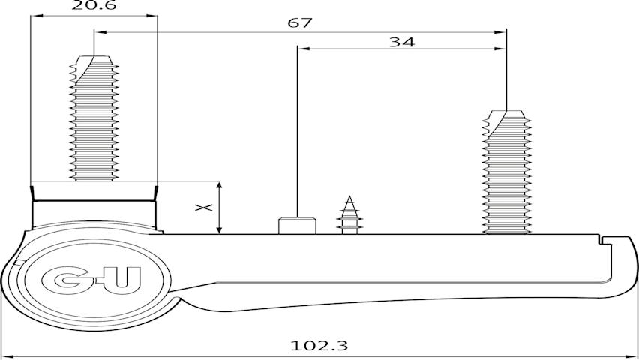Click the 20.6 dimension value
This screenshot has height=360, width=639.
click(94, 5)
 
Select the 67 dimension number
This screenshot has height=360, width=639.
click(299, 22)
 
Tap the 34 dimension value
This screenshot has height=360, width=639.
click(402, 42)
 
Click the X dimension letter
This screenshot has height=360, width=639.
click(204, 208)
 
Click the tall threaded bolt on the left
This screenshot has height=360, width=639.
click(94, 118)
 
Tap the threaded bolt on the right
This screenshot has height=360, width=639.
click(506, 172)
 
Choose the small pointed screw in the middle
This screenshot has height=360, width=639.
click(349, 215)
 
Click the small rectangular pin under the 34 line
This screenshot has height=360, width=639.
click(297, 226)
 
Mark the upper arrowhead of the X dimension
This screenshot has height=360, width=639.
click(220, 187)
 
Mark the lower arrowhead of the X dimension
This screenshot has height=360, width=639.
click(220, 229)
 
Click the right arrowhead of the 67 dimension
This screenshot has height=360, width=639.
click(500, 32)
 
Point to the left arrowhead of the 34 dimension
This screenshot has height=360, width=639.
click(304, 49)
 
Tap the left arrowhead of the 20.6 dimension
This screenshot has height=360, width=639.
click(37, 16)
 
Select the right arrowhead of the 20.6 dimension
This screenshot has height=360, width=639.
click(151, 16)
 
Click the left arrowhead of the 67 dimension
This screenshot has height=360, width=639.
click(100, 32)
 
